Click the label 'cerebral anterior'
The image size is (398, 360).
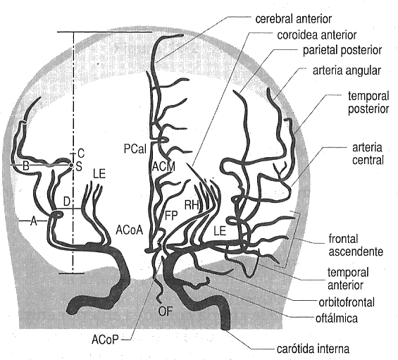[293, 19]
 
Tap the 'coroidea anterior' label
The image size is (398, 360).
[317, 35]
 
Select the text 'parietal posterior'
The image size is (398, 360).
[342, 51]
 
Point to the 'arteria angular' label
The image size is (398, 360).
[347, 70]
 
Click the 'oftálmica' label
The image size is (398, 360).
[337, 318]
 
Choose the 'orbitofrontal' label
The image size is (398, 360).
[347, 302]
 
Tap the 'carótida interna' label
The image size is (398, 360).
[313, 349]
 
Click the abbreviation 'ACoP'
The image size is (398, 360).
[105, 340]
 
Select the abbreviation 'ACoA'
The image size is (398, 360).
[129, 230]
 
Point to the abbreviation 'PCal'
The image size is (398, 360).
[135, 149]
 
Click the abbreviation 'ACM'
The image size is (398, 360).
[164, 166]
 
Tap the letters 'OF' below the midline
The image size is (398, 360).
[166, 311]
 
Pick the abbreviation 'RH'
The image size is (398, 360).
[192, 205]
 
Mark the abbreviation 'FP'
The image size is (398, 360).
[171, 216]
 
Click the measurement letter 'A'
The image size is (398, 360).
[34, 221]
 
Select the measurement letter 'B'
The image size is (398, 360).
[25, 166]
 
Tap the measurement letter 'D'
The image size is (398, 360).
[66, 201]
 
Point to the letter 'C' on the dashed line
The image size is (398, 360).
[81, 154]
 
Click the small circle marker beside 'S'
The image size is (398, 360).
[71, 166]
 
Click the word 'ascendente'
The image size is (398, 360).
[356, 252]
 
